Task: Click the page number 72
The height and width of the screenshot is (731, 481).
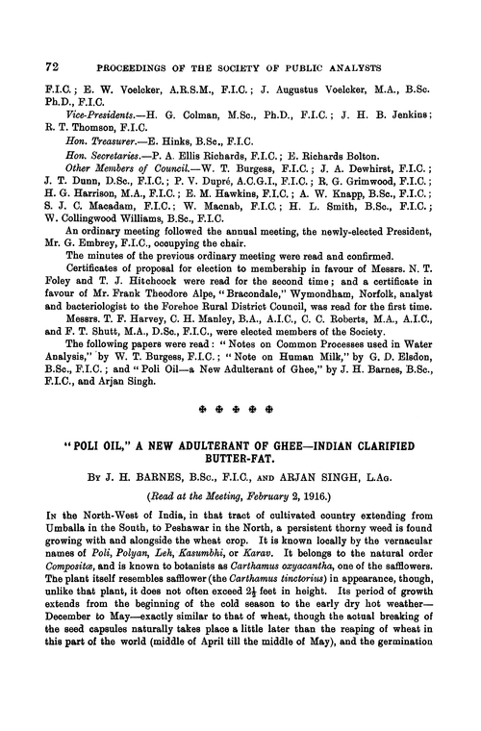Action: click(40, 67)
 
